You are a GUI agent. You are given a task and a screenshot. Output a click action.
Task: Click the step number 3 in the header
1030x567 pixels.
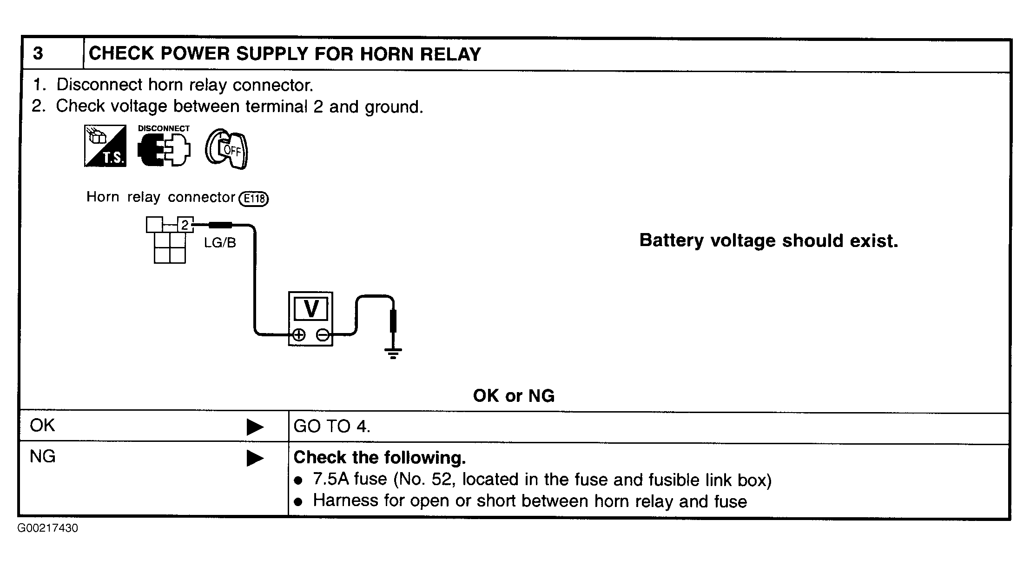[38, 53]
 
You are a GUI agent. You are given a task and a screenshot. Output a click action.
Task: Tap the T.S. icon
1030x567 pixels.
[105, 146]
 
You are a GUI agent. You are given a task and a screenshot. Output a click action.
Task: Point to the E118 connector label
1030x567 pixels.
[253, 199]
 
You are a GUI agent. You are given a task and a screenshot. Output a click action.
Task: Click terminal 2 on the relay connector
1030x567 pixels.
[185, 225]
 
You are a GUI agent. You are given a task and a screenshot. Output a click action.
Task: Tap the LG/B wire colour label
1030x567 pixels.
[220, 242]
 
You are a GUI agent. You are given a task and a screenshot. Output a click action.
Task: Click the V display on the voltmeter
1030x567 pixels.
[311, 308]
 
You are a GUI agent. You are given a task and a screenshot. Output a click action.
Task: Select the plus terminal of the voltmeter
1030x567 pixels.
[299, 334]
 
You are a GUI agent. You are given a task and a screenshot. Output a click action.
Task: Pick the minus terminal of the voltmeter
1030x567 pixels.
[322, 334]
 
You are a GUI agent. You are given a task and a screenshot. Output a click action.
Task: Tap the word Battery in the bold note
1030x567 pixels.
[671, 241]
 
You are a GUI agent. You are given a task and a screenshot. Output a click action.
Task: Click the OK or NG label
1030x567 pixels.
[514, 396]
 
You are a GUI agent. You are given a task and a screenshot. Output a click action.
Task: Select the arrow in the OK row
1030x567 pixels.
[255, 427]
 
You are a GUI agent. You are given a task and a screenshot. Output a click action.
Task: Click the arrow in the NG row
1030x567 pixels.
[255, 458]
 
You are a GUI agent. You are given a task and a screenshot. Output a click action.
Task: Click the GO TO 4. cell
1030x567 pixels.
[332, 426]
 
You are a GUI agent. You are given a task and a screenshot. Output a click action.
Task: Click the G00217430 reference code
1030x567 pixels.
[48, 528]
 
